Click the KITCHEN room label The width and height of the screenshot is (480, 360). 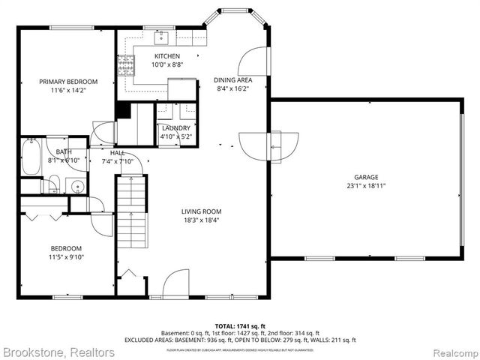tap(166, 56)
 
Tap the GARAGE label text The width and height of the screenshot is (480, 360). tap(367, 177)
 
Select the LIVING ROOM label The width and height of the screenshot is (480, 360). tap(201, 211)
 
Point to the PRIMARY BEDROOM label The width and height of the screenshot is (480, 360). tap(69, 82)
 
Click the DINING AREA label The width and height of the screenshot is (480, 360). tap(232, 79)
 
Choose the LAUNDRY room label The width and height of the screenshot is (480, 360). tap(176, 128)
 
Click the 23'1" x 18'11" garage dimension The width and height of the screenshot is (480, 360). tap(367, 186)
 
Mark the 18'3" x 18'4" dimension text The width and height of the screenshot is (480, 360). tap(201, 220)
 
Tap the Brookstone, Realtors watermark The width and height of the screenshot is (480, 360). tap(58, 352)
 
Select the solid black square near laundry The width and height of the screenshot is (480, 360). tap(124, 111)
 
